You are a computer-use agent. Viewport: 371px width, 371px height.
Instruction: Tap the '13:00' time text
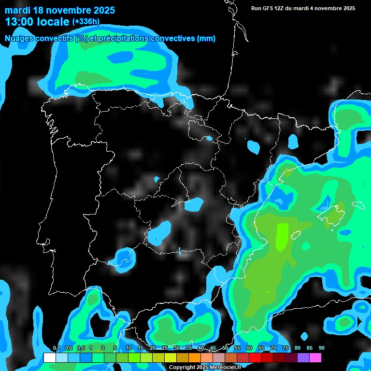(19, 22)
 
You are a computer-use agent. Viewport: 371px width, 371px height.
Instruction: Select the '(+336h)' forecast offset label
(86, 21)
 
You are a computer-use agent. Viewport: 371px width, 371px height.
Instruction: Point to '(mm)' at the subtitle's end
(206, 39)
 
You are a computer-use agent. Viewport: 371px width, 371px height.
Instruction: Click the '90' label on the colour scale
(321, 348)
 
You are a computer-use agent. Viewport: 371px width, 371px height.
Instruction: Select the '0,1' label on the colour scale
(56, 348)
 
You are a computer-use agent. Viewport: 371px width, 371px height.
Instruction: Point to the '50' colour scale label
(225, 348)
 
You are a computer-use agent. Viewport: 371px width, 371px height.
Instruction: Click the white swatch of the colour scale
(49, 357)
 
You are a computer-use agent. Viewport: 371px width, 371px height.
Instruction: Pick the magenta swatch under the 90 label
(315, 357)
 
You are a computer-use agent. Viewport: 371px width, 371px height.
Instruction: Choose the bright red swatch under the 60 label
(255, 357)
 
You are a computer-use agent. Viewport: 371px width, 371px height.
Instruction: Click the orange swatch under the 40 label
(195, 357)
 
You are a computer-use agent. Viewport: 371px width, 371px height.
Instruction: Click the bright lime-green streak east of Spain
(281, 237)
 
